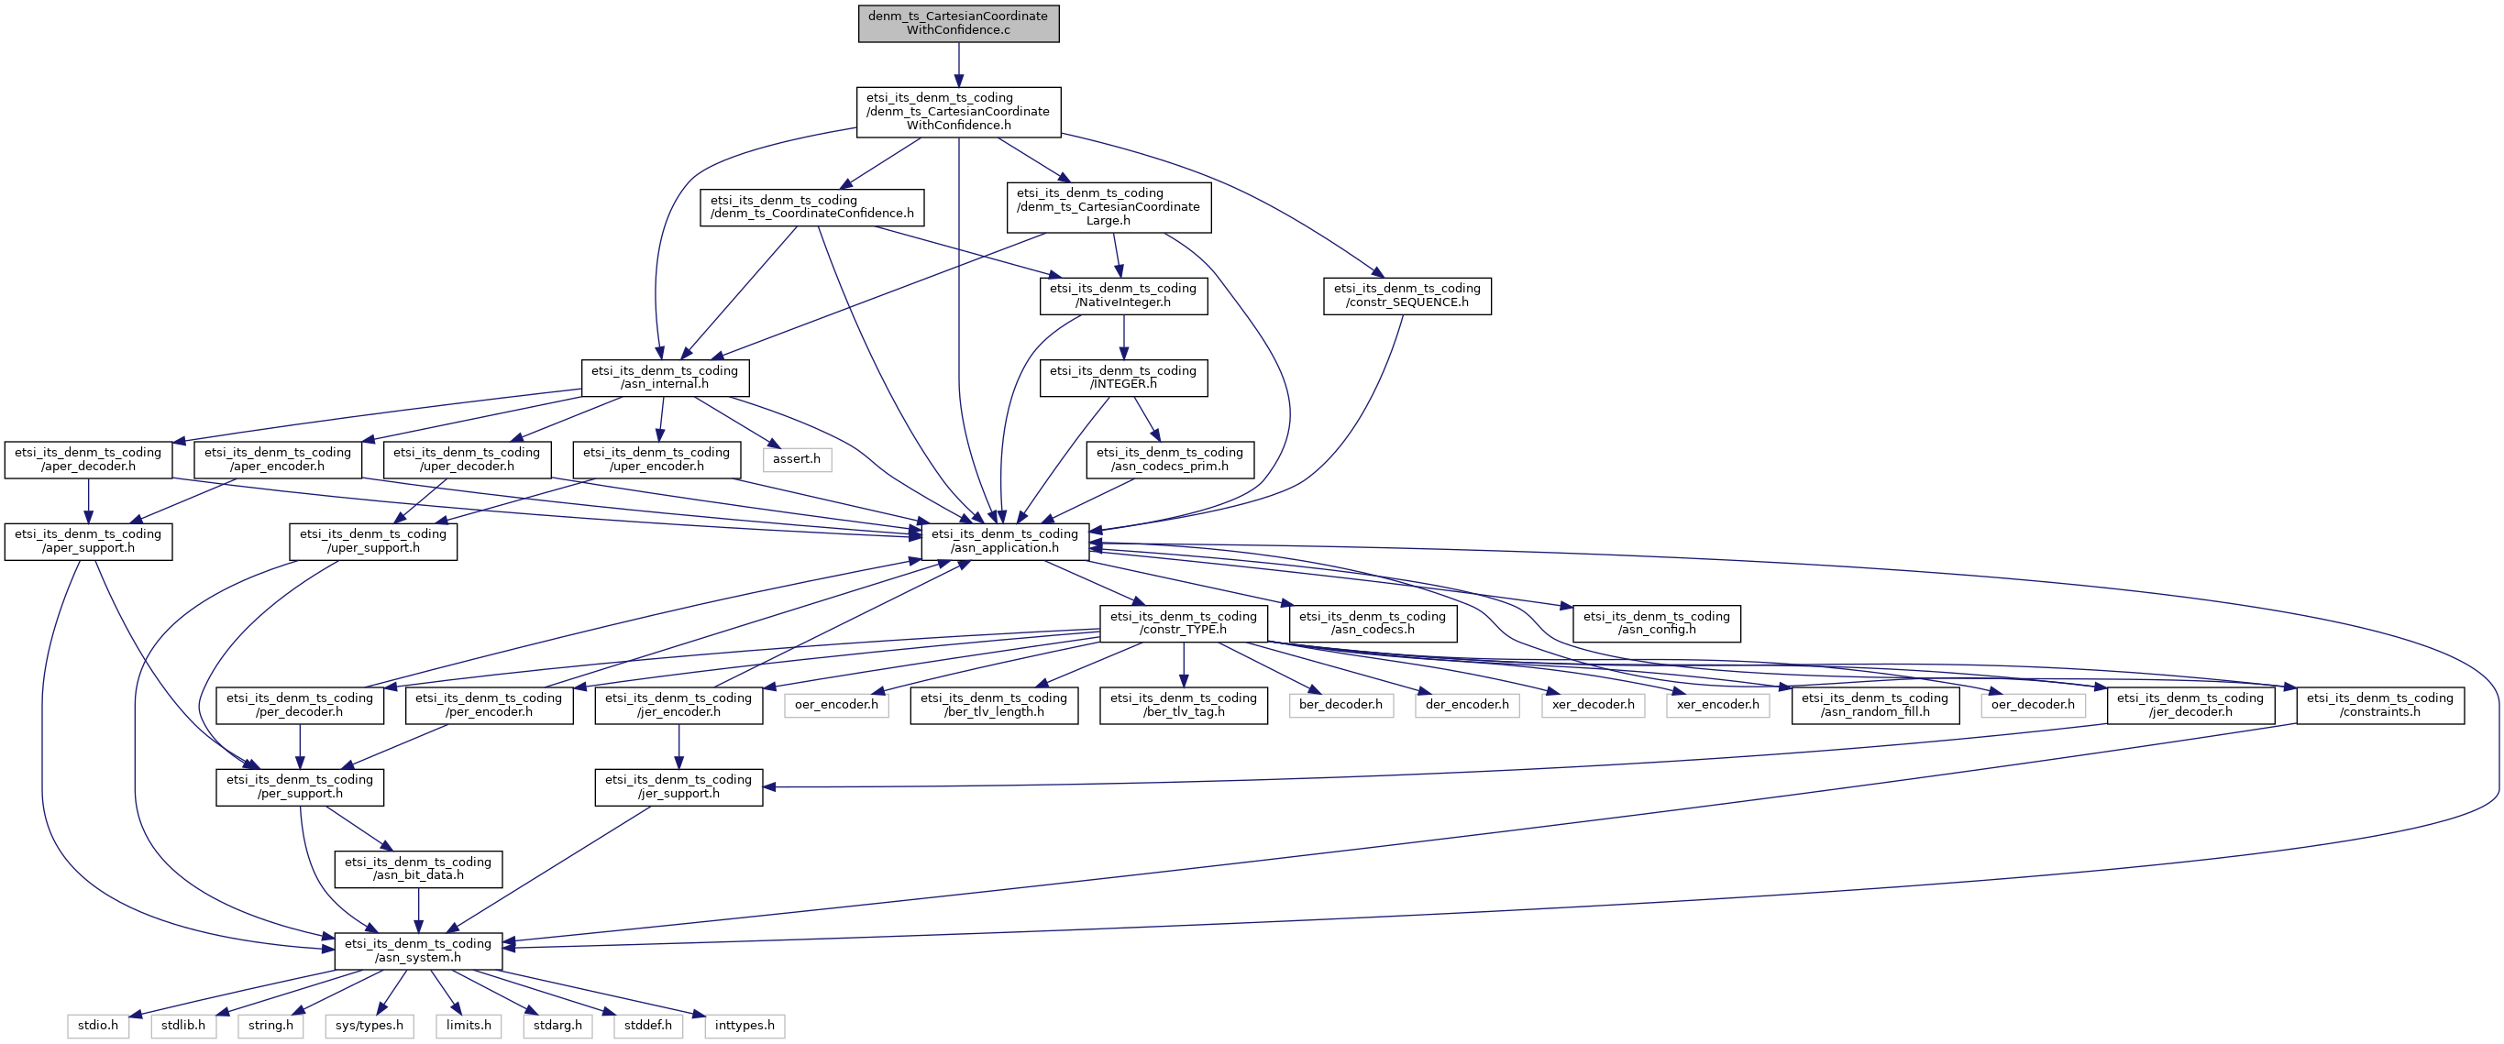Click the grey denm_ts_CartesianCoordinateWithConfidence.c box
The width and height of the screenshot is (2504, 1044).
pos(958,23)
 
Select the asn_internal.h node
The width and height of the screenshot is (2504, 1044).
pos(665,377)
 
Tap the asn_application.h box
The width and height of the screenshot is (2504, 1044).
pos(1005,541)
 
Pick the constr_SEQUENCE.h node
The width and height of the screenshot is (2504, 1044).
pos(1406,295)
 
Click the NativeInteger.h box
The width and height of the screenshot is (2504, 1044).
pos(1124,295)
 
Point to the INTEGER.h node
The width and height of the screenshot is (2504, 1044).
pos(1124,377)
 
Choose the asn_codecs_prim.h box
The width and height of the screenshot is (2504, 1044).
pos(1169,459)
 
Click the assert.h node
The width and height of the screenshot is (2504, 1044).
pos(796,459)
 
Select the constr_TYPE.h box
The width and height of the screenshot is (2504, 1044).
pos(1183,623)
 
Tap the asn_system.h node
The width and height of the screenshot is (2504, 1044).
pos(418,951)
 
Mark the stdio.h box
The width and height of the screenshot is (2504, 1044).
pos(98,1026)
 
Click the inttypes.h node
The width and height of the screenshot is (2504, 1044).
pos(745,1026)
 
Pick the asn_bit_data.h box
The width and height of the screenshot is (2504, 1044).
pos(418,869)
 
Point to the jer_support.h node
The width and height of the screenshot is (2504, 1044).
pos(678,786)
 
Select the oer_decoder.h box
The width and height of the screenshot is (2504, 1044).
pos(2033,705)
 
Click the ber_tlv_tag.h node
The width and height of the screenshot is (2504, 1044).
pos(1183,705)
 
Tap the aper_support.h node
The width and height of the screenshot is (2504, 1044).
pos(88,541)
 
